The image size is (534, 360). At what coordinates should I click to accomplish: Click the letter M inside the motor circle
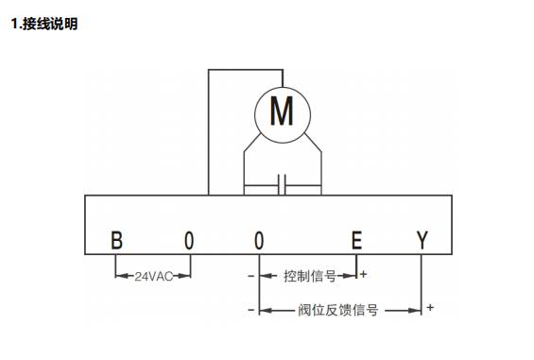282,112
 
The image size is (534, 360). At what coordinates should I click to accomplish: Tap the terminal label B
116,240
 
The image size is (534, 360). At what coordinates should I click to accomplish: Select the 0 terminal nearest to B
189,240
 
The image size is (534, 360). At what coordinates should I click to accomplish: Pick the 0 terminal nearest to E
259,240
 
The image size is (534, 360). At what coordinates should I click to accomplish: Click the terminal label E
356,240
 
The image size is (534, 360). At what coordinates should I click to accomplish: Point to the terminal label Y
422,240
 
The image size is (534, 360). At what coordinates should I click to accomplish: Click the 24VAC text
152,277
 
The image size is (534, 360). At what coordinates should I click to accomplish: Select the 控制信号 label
309,277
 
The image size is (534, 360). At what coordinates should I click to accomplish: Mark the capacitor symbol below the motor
283,182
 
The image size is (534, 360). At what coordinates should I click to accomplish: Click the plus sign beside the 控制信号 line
365,275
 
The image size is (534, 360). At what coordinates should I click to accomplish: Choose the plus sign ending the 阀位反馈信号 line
431,307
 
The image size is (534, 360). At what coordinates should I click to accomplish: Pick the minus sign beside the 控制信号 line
250,276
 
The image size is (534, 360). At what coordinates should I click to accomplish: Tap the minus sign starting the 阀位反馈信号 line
250,309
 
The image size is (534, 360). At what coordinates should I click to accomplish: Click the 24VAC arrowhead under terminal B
120,277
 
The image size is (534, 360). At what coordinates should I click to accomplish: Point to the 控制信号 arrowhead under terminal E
352,277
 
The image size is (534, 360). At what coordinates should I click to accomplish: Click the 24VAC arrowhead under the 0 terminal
185,277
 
